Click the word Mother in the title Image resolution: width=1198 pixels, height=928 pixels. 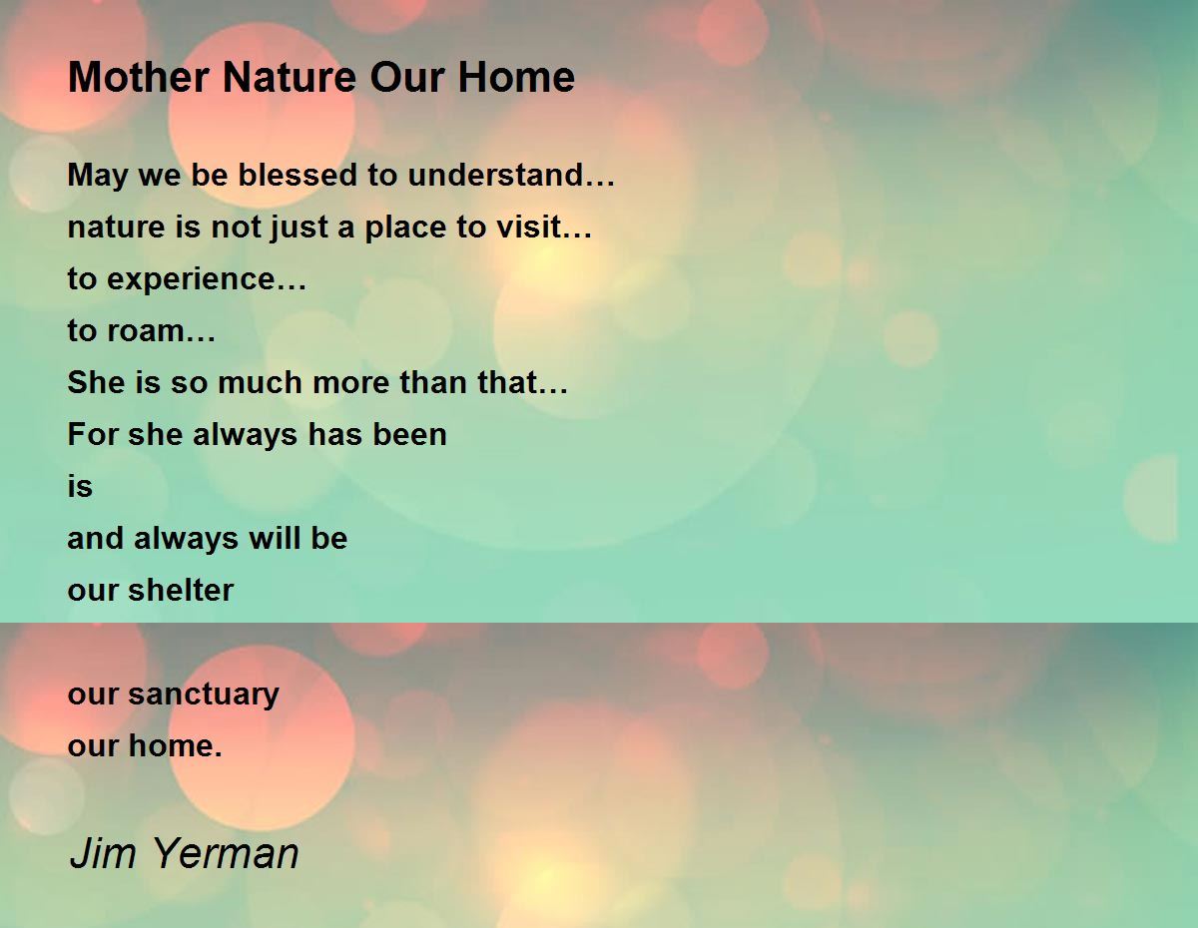click(139, 77)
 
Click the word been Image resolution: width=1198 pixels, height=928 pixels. click(409, 434)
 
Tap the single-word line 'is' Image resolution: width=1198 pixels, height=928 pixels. click(80, 487)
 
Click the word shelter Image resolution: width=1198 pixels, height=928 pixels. click(181, 590)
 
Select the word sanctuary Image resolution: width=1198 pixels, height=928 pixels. click(204, 695)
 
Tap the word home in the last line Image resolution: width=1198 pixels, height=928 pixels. click(176, 746)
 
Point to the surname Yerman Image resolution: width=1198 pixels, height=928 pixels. click(226, 853)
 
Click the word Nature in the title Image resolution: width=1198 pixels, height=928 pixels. click(290, 77)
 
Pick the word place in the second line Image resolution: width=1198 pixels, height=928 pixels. click(405, 228)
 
